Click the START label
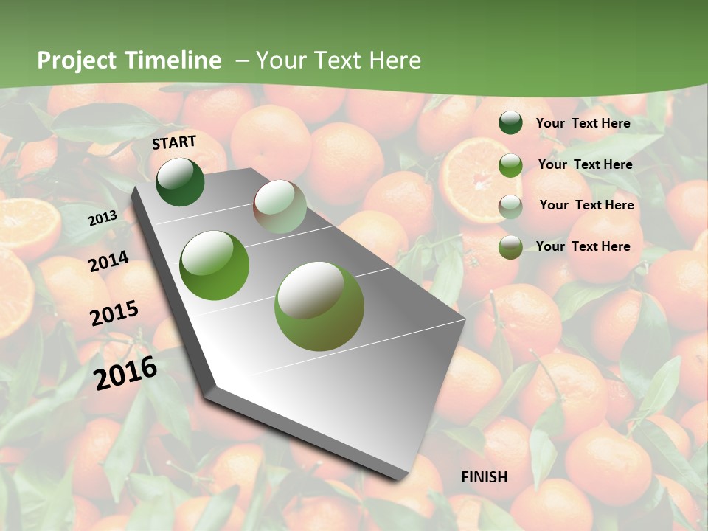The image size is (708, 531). pyautogui.click(x=174, y=142)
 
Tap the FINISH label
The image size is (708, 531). pyautogui.click(x=484, y=477)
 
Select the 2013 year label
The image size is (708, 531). pyautogui.click(x=103, y=218)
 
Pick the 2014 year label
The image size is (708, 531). pyautogui.click(x=108, y=261)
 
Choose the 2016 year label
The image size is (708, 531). pyautogui.click(x=125, y=372)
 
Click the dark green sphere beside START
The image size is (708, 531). pyautogui.click(x=180, y=181)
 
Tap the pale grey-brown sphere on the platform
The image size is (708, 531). pyautogui.click(x=280, y=206)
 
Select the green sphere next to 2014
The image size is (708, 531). pyautogui.click(x=215, y=265)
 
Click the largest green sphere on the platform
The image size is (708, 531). pyautogui.click(x=319, y=306)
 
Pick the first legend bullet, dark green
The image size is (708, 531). pyautogui.click(x=510, y=123)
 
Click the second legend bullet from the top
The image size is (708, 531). pyautogui.click(x=510, y=165)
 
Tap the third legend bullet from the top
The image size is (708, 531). pyautogui.click(x=510, y=206)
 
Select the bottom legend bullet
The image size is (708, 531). pyautogui.click(x=510, y=247)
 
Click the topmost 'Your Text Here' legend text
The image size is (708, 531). pyautogui.click(x=583, y=123)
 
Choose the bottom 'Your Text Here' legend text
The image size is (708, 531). pyautogui.click(x=583, y=246)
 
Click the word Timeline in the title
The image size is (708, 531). pyautogui.click(x=175, y=60)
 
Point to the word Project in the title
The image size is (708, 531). pyautogui.click(x=77, y=60)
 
